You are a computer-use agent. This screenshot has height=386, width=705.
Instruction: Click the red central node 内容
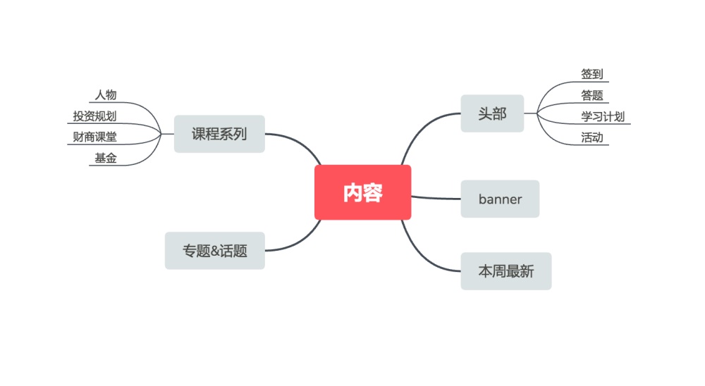362,192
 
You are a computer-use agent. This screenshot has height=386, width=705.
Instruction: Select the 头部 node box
492,113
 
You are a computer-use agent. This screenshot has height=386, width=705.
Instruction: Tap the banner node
500,199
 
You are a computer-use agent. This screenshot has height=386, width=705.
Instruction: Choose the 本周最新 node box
505,271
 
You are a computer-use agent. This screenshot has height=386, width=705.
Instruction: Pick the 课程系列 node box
219,134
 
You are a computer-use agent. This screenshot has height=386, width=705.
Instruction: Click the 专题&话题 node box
215,251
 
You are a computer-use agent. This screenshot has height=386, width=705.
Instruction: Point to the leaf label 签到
591,74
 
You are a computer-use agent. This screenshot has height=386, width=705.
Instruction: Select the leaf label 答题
591,96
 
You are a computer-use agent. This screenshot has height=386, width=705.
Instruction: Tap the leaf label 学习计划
602,117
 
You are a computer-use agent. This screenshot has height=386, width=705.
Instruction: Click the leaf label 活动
591,138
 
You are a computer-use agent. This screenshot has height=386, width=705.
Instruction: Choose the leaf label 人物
106,95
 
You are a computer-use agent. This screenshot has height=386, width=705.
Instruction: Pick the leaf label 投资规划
94,116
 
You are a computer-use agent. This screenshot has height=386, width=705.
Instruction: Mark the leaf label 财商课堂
94,137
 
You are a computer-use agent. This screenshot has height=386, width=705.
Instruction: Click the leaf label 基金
106,158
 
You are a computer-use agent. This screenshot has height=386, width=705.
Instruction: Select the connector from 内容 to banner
436,198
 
